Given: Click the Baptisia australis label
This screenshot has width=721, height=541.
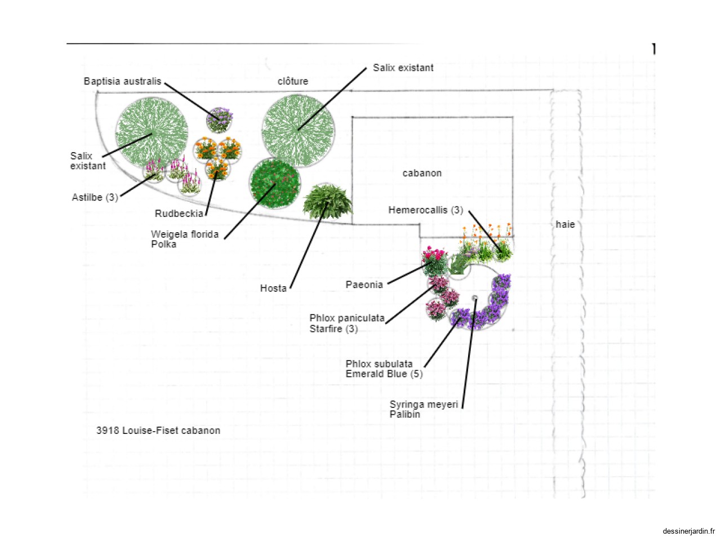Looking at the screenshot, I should coord(122,82).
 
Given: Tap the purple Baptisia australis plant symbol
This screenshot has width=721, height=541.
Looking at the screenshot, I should coord(219,119).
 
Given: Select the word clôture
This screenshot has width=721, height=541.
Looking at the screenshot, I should coord(293,82).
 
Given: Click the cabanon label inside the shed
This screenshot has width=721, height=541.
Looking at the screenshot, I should coord(422,173).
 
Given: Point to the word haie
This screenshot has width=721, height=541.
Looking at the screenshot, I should coord(565,224).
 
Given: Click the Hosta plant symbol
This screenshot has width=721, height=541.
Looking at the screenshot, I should coord(327,201).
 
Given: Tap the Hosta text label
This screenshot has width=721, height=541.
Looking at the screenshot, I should coord(273,289).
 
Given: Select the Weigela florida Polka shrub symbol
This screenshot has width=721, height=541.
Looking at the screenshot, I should coord(275,184).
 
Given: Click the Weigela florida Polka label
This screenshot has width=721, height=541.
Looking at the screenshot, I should coord(184,239).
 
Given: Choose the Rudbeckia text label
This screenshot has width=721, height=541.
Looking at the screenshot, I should coord(179,214).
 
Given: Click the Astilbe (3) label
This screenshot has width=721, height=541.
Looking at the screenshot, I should coord(95,197).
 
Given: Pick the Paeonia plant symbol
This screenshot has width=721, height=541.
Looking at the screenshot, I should coord(435,261).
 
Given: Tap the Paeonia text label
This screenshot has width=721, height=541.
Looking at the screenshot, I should coord(364,285).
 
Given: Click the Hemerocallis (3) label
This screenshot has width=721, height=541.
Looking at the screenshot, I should coord(425,210).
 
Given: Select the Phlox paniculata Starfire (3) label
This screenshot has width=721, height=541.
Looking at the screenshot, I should coord(346,323).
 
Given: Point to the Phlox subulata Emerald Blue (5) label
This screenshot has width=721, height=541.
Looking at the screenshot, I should coord(384,369).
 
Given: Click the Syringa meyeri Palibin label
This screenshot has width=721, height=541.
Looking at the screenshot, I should coord(424,409).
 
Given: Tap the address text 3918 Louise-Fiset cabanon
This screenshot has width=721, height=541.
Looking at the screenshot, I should coord(158,431).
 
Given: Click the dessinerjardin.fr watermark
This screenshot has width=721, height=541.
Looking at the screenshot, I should coord(688,531).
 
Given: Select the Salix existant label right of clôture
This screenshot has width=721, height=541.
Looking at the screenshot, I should coord(403,68).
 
